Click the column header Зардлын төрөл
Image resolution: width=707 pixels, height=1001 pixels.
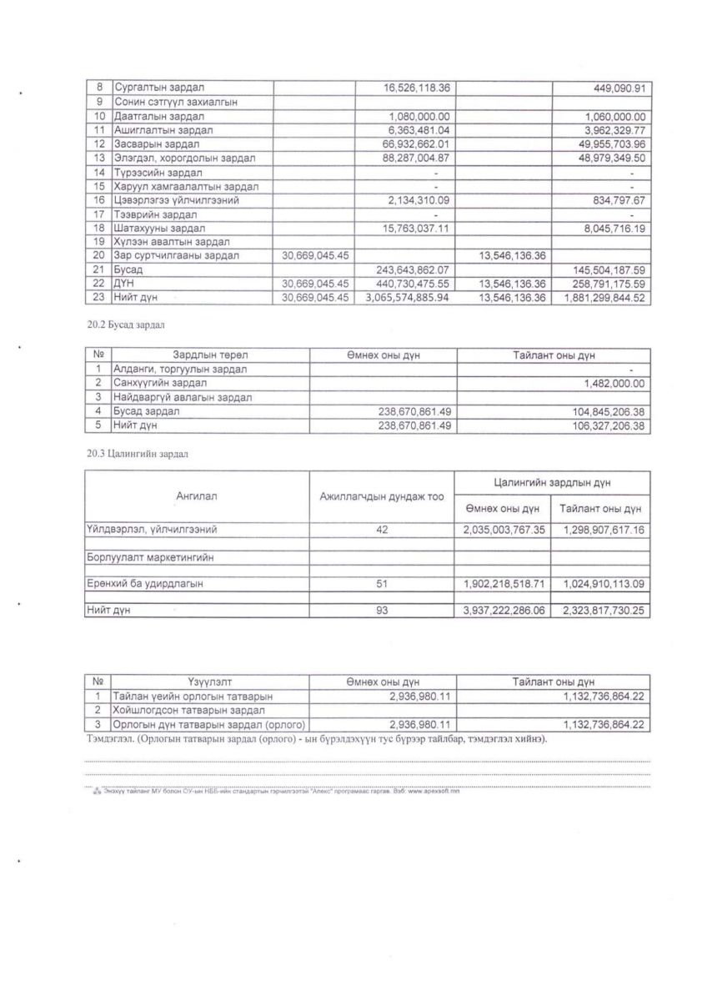[209, 355]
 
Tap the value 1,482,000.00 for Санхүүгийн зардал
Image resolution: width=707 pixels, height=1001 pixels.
[615, 383]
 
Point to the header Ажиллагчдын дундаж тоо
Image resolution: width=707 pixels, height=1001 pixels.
[381, 497]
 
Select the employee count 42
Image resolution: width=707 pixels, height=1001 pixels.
[382, 530]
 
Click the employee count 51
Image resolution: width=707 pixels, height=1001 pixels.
[382, 584]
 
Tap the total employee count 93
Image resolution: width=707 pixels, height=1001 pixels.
[382, 611]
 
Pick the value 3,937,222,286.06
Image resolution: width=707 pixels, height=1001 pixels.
[502, 611]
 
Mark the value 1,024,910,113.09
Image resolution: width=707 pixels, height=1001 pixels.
[599, 584]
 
